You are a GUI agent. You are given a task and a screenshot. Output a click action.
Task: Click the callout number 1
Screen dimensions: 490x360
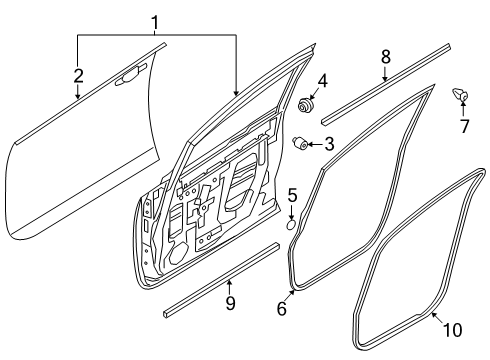tap(155, 24)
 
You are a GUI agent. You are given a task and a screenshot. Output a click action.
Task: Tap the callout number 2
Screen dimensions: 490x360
tap(78, 76)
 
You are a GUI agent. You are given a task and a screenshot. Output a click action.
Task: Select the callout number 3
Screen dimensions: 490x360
tap(329, 144)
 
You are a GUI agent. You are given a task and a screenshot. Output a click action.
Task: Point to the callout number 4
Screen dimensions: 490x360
tap(322, 81)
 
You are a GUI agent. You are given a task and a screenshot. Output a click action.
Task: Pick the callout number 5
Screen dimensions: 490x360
tap(292, 195)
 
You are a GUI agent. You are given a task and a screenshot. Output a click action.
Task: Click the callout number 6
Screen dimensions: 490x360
tap(282, 308)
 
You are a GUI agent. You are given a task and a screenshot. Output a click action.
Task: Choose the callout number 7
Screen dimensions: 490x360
tap(465, 126)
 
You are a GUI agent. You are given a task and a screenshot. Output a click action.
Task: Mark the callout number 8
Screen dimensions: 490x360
tap(386, 57)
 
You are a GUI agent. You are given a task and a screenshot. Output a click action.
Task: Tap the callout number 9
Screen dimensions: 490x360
tap(230, 303)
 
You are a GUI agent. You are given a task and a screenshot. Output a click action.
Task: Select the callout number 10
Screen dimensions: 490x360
tap(453, 330)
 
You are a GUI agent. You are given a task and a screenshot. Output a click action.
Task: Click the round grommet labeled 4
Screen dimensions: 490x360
tap(305, 105)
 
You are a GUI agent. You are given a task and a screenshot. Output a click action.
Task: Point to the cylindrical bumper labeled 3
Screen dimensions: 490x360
tap(300, 144)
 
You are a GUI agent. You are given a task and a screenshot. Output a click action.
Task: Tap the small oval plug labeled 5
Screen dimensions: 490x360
tap(291, 225)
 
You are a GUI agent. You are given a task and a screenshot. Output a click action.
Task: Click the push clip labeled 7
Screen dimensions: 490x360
tap(460, 94)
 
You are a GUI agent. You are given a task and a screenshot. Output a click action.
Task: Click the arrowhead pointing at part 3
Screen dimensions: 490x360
tap(310, 144)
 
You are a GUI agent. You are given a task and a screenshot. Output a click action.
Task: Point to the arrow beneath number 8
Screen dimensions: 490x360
tap(385, 74)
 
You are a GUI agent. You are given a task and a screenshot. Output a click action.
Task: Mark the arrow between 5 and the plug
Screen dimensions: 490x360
tap(292, 212)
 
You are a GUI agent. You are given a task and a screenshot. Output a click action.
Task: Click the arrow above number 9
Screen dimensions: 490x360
tap(229, 288)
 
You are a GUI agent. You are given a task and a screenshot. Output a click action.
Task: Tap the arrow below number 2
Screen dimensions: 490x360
tap(78, 92)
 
